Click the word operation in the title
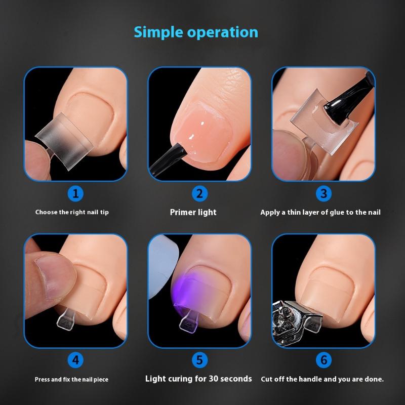pos(223,32)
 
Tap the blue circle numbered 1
pos(75,193)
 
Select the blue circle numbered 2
pos(199,193)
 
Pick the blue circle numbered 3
pos(323,193)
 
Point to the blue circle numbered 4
pos(75,360)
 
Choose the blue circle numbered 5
pos(199,360)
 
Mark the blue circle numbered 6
pos(323,360)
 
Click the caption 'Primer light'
pos(193,212)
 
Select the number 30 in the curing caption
pos(213,379)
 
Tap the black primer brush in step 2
pos(168,160)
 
